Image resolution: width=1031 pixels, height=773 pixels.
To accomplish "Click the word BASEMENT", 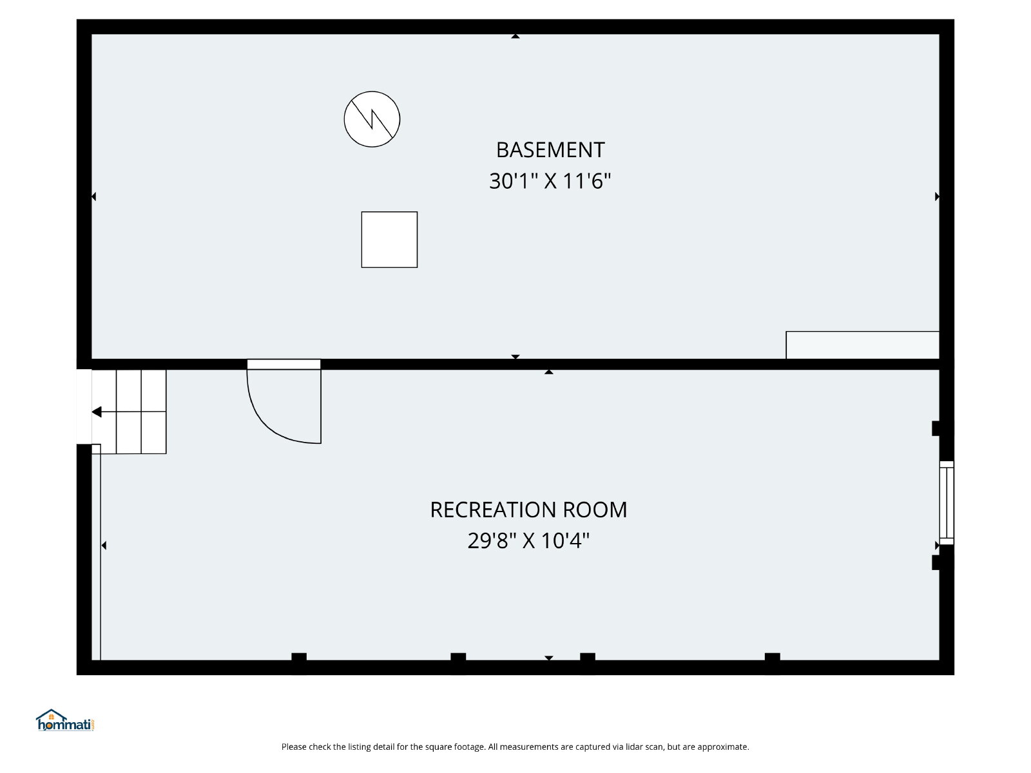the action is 550,150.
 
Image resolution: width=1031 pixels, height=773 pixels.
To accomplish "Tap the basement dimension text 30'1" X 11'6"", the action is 550,181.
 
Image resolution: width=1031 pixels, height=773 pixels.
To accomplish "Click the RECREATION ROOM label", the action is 528,510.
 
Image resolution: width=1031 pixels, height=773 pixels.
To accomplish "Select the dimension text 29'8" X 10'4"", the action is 528,540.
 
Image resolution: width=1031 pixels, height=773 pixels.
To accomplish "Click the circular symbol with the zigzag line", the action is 372,119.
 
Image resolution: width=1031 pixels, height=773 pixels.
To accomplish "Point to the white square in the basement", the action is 389,240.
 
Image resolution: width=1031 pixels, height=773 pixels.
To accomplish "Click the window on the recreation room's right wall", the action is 947,502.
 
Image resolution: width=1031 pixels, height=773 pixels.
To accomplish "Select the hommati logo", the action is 65,720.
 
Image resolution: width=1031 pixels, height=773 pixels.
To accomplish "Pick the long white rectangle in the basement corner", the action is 862,345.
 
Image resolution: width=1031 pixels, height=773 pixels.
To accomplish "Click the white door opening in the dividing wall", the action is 284,364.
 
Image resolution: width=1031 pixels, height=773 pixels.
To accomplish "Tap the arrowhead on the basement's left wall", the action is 94,196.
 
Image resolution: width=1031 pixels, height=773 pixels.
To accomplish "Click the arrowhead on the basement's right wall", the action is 937,196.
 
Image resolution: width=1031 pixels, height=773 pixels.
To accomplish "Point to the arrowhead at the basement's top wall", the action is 515,36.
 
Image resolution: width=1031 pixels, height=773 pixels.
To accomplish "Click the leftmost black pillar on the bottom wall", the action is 299,657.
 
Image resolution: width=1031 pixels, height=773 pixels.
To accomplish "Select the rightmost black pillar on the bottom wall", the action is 772,657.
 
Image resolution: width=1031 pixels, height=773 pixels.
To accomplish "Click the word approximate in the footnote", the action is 723,747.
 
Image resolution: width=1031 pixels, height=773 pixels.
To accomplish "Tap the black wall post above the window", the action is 936,428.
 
